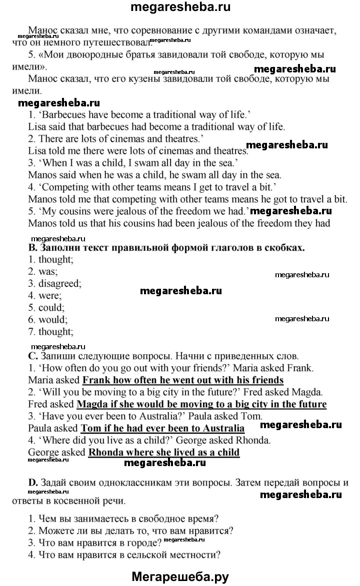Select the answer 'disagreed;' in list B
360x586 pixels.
click(x=58, y=283)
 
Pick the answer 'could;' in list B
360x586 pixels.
click(x=51, y=307)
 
